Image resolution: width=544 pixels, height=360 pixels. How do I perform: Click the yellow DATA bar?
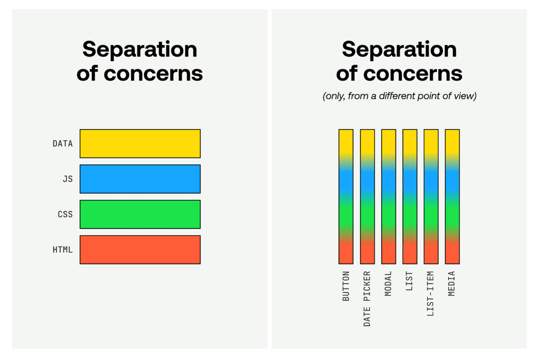point(140,144)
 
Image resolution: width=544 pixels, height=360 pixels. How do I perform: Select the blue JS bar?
point(140,179)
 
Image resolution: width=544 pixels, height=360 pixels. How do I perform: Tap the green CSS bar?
point(140,214)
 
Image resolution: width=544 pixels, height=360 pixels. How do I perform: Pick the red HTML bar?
point(140,250)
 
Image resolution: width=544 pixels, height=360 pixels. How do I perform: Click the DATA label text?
point(63,144)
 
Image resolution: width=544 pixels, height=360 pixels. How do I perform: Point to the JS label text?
point(68,179)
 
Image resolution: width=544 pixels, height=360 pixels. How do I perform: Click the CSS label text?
point(65,214)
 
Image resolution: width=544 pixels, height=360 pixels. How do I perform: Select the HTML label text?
point(63,250)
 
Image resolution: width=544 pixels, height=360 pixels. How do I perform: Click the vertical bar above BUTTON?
point(346,197)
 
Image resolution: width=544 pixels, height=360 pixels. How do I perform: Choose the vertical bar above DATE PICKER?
point(367,197)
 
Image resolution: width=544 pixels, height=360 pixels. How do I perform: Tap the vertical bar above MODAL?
point(389,197)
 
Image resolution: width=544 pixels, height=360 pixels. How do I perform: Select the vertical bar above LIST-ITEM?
point(431,197)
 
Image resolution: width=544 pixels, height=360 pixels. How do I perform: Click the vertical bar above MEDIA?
point(453,197)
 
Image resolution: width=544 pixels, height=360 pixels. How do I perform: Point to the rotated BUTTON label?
point(346,286)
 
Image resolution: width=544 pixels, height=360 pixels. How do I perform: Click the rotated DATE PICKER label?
point(367,299)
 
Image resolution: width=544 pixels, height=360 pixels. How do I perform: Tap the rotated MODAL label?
point(388,283)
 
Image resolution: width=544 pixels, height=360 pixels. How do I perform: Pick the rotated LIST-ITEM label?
point(431,294)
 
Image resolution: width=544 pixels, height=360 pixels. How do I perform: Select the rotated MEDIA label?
point(451,283)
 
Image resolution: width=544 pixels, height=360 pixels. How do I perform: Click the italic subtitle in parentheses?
point(399,96)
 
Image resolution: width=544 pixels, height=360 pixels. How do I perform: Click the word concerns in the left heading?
point(153,74)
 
